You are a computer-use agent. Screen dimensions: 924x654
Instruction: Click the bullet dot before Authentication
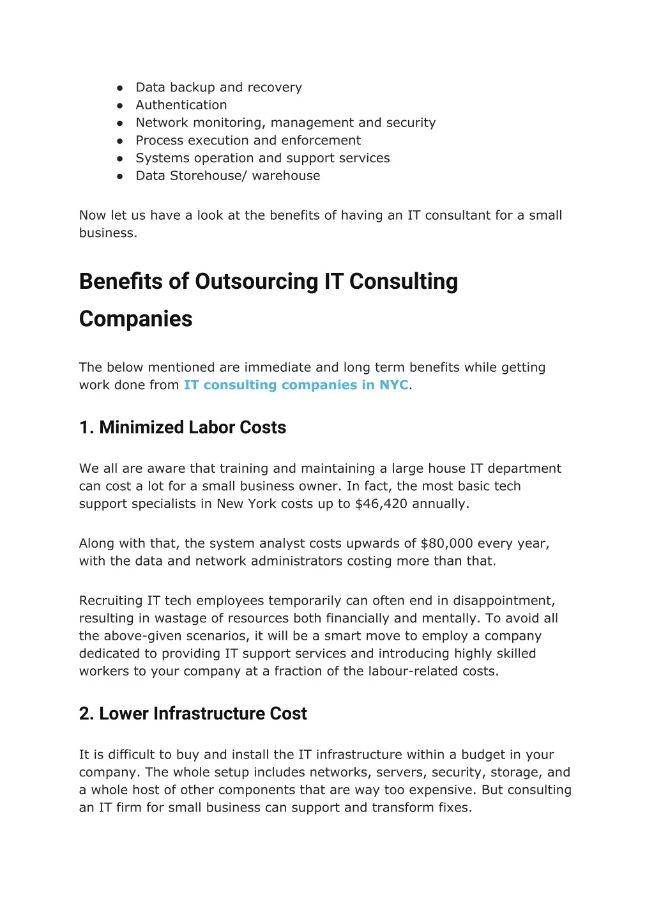tap(120, 105)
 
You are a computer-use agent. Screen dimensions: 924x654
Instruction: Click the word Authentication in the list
tap(181, 105)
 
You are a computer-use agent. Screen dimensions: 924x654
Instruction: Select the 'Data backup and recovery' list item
tap(218, 88)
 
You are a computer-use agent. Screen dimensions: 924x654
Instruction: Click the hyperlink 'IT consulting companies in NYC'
tap(296, 385)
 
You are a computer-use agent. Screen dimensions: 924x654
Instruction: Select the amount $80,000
tap(446, 544)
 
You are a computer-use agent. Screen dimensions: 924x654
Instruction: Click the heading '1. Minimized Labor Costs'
tap(182, 427)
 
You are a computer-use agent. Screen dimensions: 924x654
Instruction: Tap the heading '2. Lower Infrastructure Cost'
tap(193, 714)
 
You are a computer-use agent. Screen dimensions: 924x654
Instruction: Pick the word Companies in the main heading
tap(135, 319)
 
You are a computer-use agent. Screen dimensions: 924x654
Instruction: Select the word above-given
tap(144, 636)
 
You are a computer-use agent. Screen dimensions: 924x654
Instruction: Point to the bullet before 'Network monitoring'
tap(120, 123)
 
